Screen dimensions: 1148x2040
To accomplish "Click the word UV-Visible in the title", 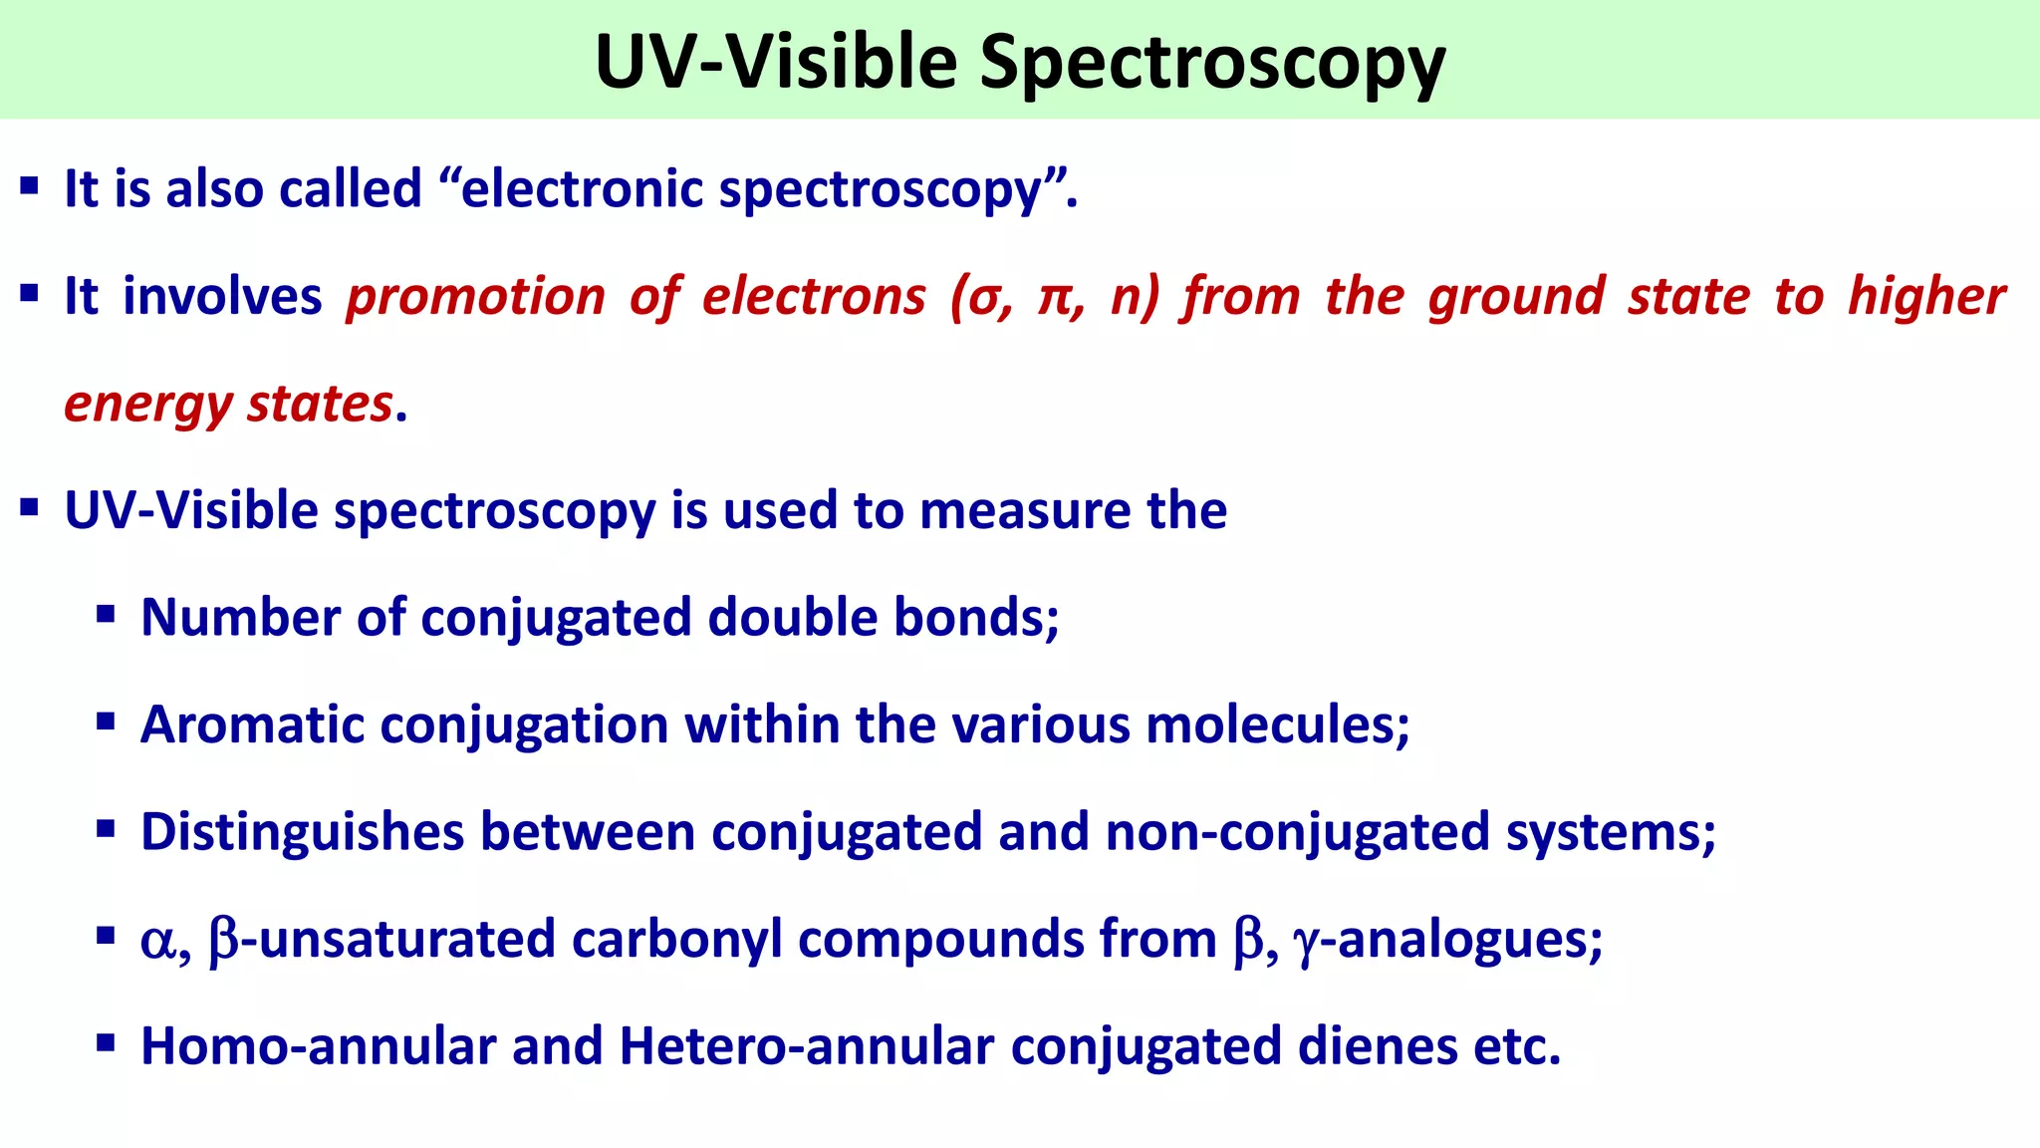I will point(776,62).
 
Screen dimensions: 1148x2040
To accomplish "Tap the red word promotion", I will point(475,297).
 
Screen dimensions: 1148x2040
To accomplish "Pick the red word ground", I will point(1516,297).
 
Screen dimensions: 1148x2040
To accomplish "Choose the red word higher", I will point(1926,297).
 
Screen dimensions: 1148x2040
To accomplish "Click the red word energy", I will point(147,405).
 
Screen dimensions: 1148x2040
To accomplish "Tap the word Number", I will point(239,618).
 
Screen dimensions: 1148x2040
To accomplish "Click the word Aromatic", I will point(252,724).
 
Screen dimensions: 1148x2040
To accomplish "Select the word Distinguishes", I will point(302,832).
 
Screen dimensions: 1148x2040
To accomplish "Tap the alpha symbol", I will point(157,942).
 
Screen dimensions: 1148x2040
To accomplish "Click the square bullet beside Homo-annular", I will point(107,1043).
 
